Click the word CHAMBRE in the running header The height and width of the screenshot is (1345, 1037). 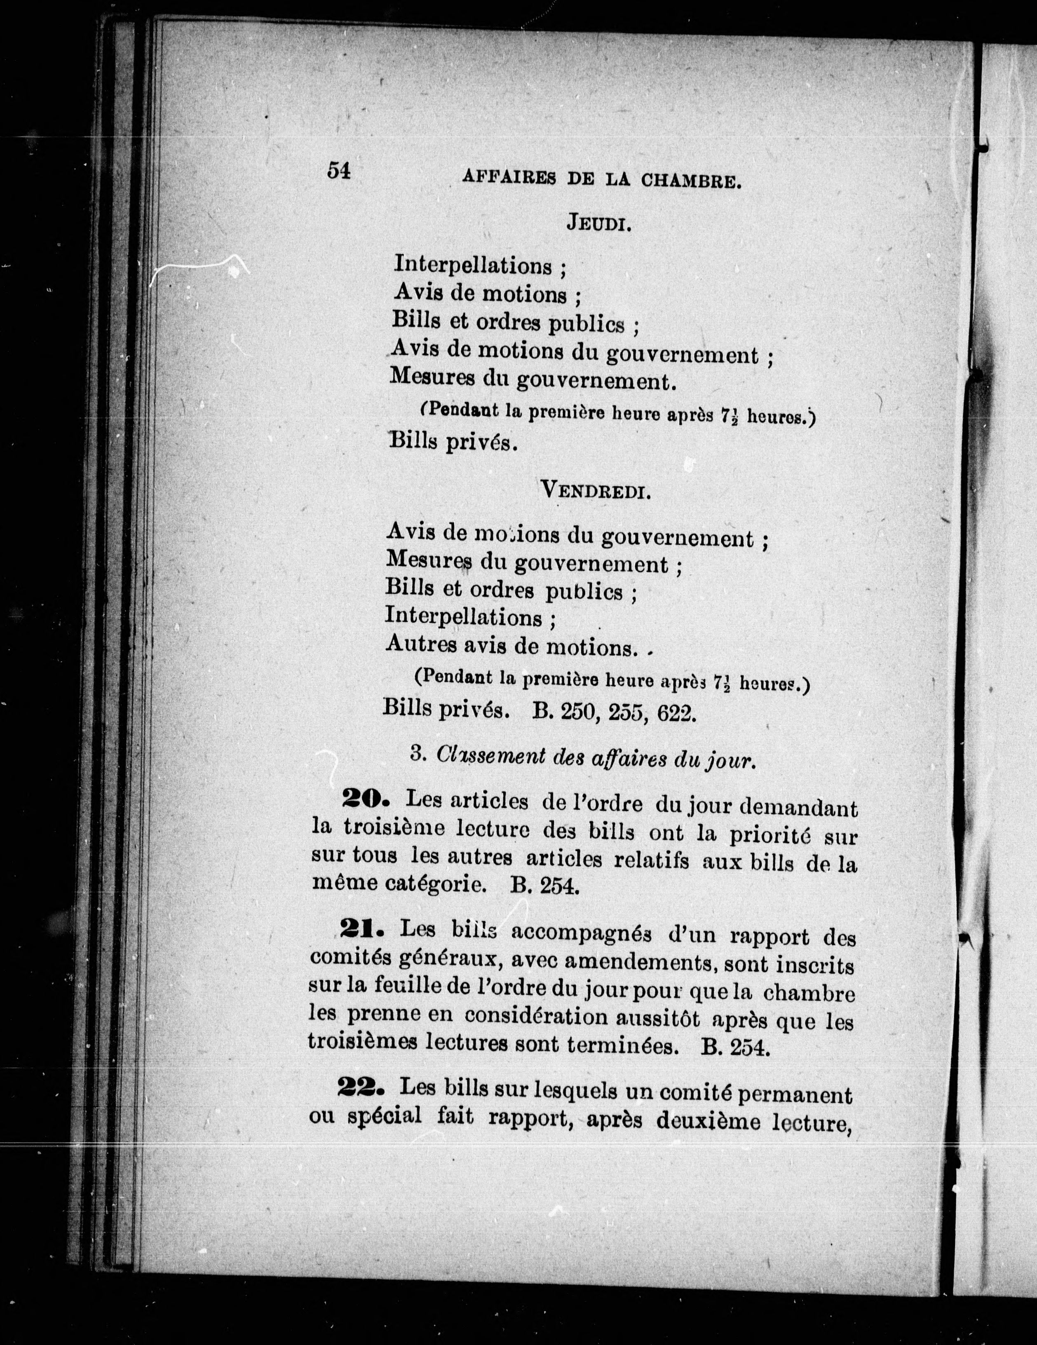[x=690, y=180]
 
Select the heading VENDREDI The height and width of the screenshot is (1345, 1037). [x=595, y=491]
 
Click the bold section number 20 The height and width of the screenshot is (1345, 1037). [x=363, y=799]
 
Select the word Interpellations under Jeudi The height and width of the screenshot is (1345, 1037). [x=473, y=265]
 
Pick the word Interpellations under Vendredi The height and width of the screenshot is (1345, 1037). [x=464, y=616]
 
